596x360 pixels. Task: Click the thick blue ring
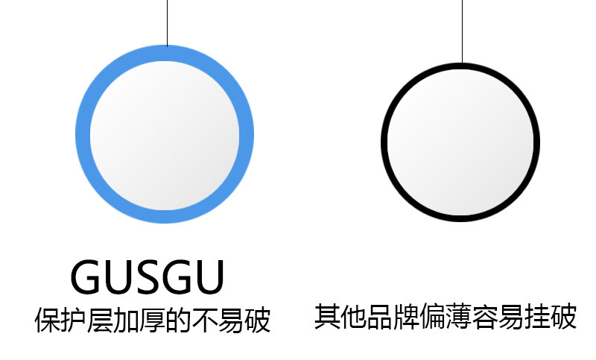pos(83,135)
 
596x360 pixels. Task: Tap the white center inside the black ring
pos(460,142)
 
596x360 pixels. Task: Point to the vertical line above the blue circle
pos(167,22)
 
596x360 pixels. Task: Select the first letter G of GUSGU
pos(86,277)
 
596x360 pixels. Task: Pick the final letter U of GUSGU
pos(208,277)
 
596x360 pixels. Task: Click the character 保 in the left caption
pos(48,320)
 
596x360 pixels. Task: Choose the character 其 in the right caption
pos(327,317)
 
